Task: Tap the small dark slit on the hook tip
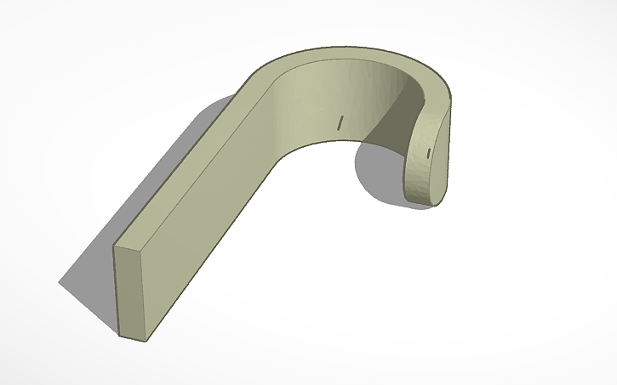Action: tap(429, 152)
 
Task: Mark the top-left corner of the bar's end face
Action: tap(114, 247)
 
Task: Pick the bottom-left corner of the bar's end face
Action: tap(118, 336)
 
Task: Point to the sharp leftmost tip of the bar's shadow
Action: tap(59, 282)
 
